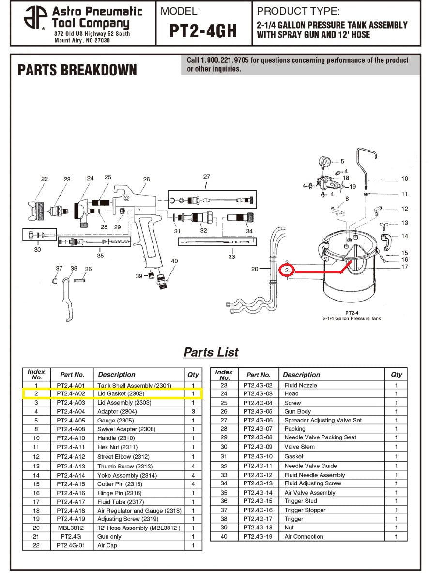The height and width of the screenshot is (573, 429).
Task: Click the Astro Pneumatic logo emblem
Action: [x=35, y=18]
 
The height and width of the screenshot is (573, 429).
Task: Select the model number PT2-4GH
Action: [x=203, y=30]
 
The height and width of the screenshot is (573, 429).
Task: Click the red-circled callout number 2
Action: [x=287, y=270]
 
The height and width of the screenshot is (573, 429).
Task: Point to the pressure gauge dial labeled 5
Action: [x=324, y=161]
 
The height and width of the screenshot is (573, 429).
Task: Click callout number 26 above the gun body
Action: [x=146, y=179]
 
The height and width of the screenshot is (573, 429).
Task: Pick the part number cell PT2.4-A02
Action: [x=72, y=394]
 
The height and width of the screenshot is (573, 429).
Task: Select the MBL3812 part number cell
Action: [x=72, y=528]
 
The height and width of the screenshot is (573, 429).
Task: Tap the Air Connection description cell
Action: [x=304, y=536]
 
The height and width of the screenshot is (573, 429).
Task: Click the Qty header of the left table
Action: [x=193, y=375]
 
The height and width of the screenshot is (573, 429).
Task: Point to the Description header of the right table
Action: [x=301, y=375]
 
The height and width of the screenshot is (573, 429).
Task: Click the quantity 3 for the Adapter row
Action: [x=193, y=411]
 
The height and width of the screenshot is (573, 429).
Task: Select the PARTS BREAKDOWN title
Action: [x=77, y=71]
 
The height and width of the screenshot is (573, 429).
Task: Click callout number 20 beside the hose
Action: [x=255, y=269]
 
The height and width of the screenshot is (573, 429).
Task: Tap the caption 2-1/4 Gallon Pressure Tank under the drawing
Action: [x=352, y=318]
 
